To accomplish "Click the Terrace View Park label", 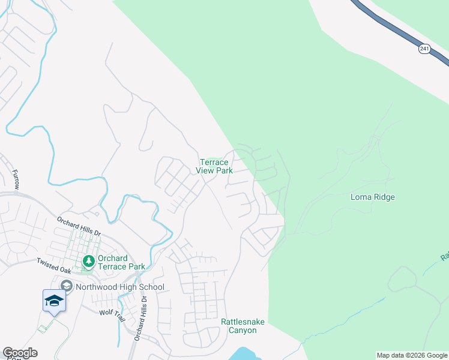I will pyautogui.click(x=214, y=166).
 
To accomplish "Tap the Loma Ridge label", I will pyautogui.click(x=372, y=197).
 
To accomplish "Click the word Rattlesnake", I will pyautogui.click(x=243, y=322).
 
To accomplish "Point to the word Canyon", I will pyautogui.click(x=243, y=331).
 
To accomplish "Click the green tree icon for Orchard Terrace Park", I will pyautogui.click(x=89, y=261).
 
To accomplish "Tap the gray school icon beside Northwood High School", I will pyautogui.click(x=66, y=286).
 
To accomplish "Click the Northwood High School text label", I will pyautogui.click(x=120, y=287).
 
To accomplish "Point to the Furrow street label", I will pyautogui.click(x=15, y=179).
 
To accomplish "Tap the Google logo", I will pyautogui.click(x=20, y=353).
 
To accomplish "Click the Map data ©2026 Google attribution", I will pyautogui.click(x=412, y=355).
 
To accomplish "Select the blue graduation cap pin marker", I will pyautogui.click(x=54, y=300).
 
